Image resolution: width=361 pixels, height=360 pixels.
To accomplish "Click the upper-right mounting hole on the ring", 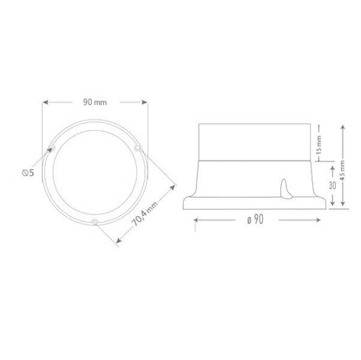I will pyautogui.click(x=138, y=153).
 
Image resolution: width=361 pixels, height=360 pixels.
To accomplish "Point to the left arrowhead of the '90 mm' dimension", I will pyautogui.click(x=44, y=101).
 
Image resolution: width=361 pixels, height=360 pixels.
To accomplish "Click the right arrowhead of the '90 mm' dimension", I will pyautogui.click(x=148, y=101).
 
